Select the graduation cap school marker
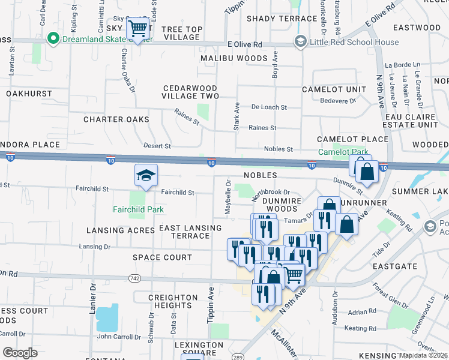tap(146, 175)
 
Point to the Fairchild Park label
tap(139, 209)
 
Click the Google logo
tap(20, 353)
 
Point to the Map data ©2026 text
tap(424, 355)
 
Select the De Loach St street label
tap(269, 107)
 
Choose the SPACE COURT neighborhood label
tap(162, 257)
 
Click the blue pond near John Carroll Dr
tap(107, 317)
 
